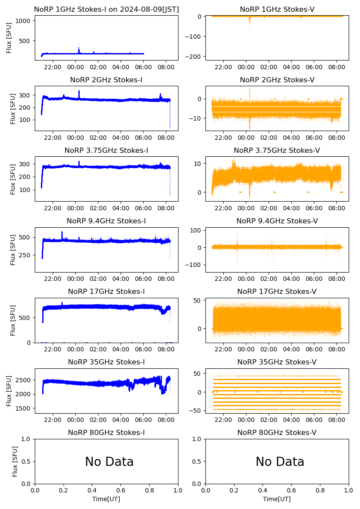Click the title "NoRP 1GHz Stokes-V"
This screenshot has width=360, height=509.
pos(277,10)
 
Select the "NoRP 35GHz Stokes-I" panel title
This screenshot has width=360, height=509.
pos(106,362)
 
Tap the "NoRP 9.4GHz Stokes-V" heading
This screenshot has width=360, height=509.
pos(277,221)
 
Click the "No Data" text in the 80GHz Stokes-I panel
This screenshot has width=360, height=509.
pos(109,462)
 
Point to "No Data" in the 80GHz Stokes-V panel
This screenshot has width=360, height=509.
pos(280,462)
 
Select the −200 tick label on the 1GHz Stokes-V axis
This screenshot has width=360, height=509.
pos(194,57)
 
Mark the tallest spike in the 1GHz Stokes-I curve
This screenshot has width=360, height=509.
pos(79,20)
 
